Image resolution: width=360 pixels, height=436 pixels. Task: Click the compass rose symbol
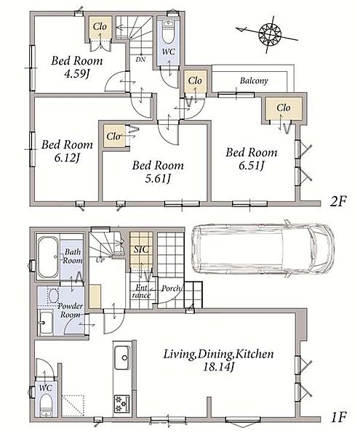(270, 34)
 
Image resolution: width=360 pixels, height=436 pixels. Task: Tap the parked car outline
(263, 249)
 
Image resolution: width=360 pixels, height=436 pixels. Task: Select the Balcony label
(254, 81)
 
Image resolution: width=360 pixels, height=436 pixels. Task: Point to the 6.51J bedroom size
(251, 166)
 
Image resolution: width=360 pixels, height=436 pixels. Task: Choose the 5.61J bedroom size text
(158, 179)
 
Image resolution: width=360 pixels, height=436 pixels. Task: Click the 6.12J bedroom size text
(67, 158)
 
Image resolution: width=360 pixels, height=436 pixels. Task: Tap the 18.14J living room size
(218, 367)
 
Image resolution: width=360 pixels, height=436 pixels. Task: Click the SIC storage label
(141, 249)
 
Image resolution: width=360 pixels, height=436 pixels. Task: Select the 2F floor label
(337, 201)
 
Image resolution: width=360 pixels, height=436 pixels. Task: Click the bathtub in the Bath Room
(48, 257)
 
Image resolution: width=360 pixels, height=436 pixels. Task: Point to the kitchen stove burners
(122, 404)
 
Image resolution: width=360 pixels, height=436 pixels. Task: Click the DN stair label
(141, 60)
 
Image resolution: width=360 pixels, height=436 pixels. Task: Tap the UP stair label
(100, 261)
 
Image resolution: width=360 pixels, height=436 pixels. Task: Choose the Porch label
(171, 288)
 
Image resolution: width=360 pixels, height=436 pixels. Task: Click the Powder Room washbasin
(45, 322)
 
